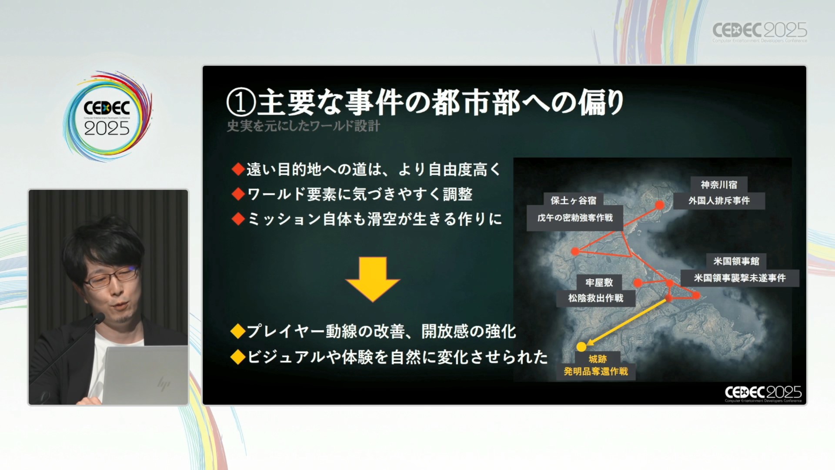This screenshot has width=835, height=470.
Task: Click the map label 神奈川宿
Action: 719,185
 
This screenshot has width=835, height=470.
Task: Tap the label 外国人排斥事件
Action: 719,201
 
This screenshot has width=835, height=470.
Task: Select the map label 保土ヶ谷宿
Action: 574,201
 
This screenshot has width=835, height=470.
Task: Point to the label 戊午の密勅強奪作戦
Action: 575,218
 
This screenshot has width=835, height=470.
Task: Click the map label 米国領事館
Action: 736,261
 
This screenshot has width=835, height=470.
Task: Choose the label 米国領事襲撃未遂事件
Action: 740,278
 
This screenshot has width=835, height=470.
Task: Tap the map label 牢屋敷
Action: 599,282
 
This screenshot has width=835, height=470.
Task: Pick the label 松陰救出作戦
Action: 596,298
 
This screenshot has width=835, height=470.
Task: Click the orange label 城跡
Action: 598,359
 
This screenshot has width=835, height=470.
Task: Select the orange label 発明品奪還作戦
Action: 596,371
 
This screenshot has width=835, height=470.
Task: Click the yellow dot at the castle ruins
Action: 581,346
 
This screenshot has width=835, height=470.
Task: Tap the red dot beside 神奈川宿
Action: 660,205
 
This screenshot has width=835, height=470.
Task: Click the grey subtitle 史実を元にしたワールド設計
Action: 304,126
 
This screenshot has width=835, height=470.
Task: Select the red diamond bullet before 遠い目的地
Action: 238,169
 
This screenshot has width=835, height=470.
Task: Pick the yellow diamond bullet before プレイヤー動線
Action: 238,331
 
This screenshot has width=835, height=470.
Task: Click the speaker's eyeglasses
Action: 112,277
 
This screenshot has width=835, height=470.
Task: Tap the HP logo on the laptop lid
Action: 164,384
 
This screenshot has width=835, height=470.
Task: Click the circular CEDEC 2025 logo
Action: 107,116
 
